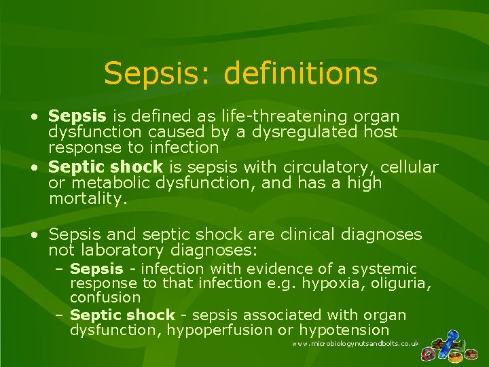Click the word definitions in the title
300,73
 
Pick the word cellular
410,167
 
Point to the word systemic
383,269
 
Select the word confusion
105,297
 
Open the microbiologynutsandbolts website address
355,345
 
